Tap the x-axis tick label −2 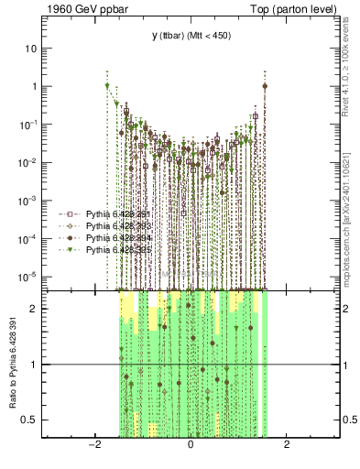point(93,446)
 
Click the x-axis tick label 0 point(191,446)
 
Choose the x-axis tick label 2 point(287,446)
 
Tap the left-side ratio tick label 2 point(36,309)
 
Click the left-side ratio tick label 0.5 point(33,420)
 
